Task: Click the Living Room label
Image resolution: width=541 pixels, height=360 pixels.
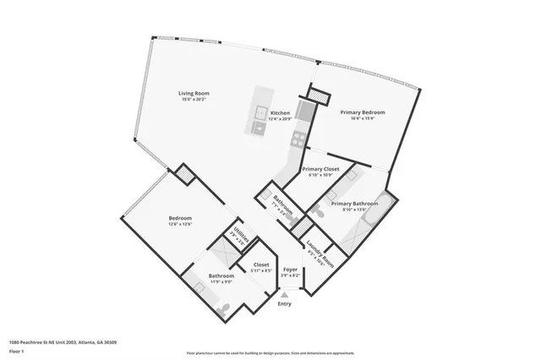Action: tap(194, 93)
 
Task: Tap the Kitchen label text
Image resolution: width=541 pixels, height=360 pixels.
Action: tap(280, 112)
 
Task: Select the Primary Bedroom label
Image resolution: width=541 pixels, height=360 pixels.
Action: tap(363, 112)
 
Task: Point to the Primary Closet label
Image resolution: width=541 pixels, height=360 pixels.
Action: tap(320, 169)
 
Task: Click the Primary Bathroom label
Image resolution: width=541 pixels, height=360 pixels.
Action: tap(353, 204)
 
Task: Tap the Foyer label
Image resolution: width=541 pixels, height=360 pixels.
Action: tap(290, 270)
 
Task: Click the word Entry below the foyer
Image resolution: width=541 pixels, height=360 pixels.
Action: tap(284, 303)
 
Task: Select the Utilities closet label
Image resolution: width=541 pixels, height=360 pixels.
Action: tap(240, 237)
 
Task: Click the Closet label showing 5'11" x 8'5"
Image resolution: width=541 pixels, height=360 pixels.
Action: tap(261, 265)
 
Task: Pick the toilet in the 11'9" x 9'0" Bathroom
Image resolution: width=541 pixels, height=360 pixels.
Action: tap(221, 310)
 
